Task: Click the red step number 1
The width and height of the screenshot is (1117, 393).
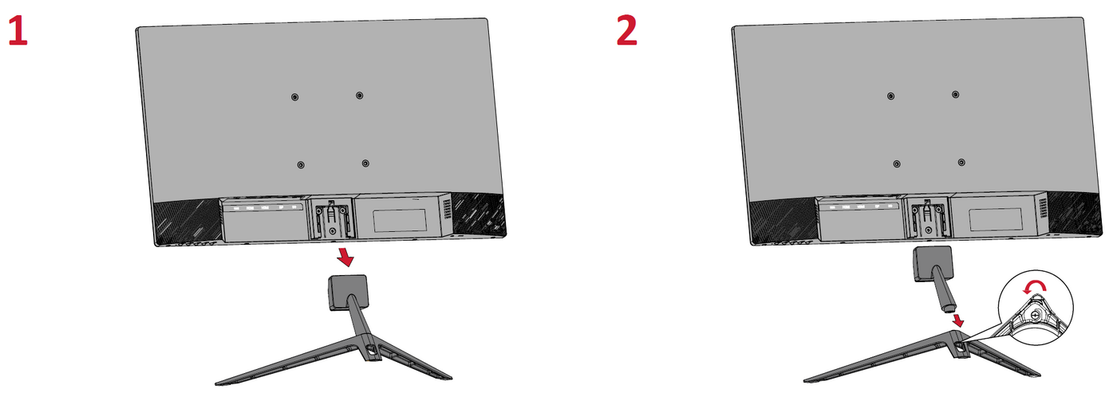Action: click(x=18, y=31)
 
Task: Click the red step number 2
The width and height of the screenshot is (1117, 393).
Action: click(x=627, y=31)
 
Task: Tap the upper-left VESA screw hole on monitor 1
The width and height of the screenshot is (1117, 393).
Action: click(x=294, y=97)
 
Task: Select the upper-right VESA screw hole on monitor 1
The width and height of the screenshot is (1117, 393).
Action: click(x=360, y=95)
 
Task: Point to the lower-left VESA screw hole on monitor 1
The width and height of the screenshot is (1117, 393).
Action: click(x=300, y=165)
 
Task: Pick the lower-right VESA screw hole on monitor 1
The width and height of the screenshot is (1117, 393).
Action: click(x=365, y=163)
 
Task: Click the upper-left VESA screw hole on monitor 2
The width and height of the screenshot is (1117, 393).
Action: click(x=890, y=96)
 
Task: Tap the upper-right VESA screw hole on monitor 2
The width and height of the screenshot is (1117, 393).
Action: click(x=956, y=94)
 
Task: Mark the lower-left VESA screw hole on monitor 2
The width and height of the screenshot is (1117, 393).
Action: click(x=897, y=164)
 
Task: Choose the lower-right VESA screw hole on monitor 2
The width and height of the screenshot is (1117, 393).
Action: click(x=961, y=162)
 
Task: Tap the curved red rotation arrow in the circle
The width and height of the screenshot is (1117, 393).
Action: click(x=1035, y=286)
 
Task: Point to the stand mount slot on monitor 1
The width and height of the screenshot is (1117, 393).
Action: click(x=331, y=218)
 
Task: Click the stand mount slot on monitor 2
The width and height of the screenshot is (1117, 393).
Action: click(x=926, y=217)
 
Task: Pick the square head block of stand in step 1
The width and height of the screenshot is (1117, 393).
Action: click(x=347, y=292)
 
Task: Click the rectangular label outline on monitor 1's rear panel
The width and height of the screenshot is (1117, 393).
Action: click(x=400, y=220)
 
